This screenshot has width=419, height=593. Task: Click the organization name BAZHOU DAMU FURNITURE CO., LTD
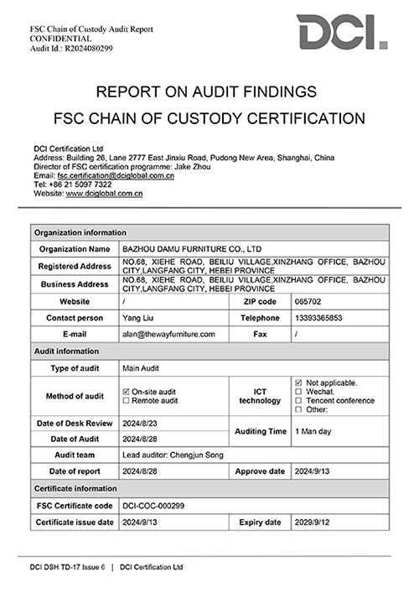click(192, 249)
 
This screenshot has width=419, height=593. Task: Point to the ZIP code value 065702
click(308, 300)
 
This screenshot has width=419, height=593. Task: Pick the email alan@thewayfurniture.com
click(168, 334)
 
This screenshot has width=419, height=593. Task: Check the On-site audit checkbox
click(127, 392)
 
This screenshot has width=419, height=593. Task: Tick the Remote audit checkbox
click(127, 401)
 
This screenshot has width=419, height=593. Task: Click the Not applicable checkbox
click(299, 382)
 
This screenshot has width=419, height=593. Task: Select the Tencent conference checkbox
click(299, 401)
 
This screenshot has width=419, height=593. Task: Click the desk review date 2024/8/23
click(140, 424)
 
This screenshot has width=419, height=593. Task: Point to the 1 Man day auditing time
click(315, 430)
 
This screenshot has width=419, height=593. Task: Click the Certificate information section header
click(75, 487)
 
